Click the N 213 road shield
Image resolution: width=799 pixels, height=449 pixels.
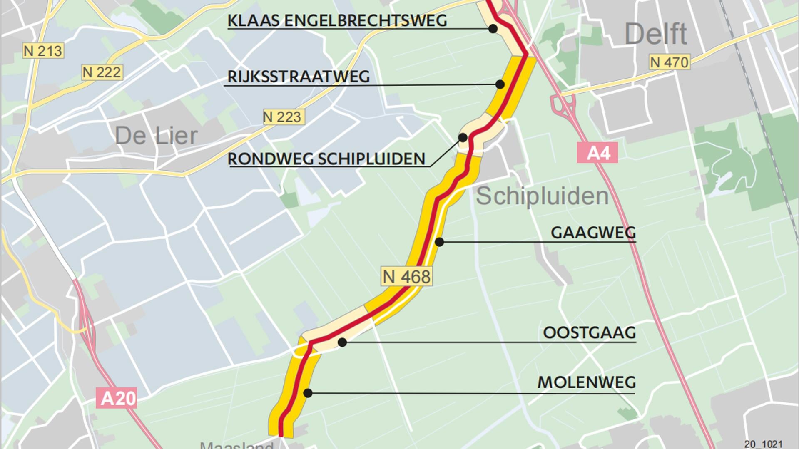pos(43,51)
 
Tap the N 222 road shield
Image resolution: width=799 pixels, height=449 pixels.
pos(102,72)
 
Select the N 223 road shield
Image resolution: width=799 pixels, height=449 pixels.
pos(284,117)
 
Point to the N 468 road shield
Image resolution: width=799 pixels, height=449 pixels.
pos(406,276)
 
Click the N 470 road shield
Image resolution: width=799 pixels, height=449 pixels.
pos(670,62)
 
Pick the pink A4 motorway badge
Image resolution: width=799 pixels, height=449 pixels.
pos(597,153)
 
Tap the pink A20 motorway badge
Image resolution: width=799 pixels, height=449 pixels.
pos(117,398)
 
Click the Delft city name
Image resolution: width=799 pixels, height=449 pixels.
pos(656,34)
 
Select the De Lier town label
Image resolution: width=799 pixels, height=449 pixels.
pos(156,136)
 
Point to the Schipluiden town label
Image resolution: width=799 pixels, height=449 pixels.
pos(542,196)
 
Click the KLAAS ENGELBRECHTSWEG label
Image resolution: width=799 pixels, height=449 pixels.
pos(337,20)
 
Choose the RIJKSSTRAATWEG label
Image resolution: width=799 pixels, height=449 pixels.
pos(299,77)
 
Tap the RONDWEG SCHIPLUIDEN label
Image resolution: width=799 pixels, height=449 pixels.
pos(326,159)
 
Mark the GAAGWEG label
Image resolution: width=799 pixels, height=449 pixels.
pos(593,233)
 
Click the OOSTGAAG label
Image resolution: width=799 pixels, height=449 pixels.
pos(589,332)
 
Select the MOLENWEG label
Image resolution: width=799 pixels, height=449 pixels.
pos(586,382)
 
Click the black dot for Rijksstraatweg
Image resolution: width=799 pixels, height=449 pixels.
pos(500,84)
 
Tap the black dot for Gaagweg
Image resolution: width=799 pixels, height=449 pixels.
pos(439,241)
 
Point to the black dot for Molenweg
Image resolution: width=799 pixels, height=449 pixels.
pos(308,393)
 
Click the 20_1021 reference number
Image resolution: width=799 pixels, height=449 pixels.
pos(763,444)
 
